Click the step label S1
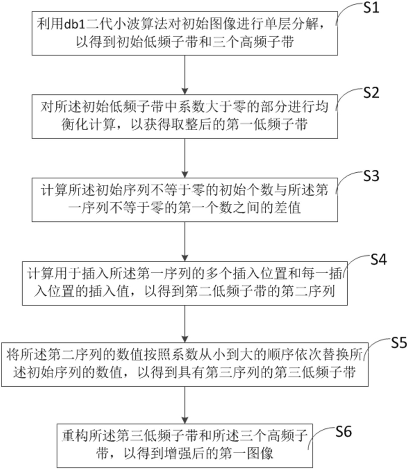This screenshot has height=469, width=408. [371, 8]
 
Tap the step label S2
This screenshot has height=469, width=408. [371, 93]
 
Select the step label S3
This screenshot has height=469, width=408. [371, 176]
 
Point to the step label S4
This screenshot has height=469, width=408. [379, 259]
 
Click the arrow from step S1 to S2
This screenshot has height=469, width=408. [185, 75]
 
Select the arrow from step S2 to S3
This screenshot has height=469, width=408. [185, 158]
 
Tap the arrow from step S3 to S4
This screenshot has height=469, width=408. [185, 242]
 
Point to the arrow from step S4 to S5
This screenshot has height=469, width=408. [185, 324]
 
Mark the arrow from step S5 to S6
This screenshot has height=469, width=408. [185, 405]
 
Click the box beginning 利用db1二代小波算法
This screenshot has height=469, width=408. [185, 33]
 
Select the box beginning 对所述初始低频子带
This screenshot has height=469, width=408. [185, 116]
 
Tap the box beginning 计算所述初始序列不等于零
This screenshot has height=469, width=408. [185, 199]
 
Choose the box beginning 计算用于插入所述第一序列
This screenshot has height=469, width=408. [185, 283]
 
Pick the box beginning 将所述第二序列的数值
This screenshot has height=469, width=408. [185, 365]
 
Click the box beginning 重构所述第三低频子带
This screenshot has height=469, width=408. [185, 446]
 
